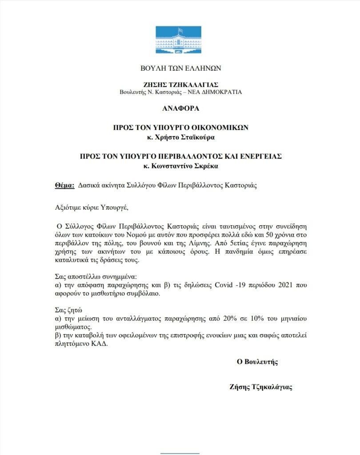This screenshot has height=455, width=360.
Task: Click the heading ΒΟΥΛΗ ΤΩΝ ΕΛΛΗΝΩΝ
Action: (x=180, y=68)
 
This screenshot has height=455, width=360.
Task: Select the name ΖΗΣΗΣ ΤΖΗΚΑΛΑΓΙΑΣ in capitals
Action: (x=181, y=84)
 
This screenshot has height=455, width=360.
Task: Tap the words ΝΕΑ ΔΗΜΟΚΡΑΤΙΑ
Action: (x=220, y=92)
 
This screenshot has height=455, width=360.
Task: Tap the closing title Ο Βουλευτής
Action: (x=257, y=362)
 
